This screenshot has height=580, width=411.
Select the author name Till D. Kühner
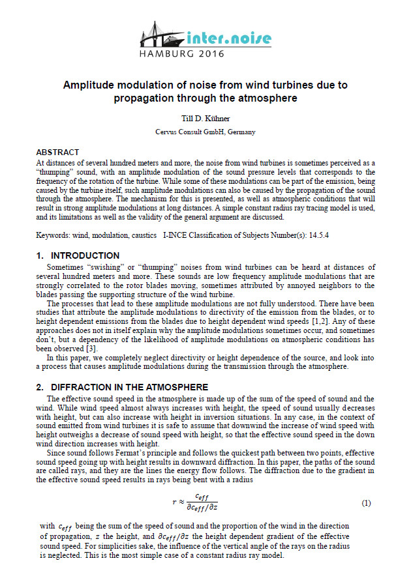coord(205,119)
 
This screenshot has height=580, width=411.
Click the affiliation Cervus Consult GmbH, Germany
coord(205,132)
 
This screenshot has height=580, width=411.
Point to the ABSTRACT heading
coord(57,152)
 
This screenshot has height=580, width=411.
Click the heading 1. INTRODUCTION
coord(78,255)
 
